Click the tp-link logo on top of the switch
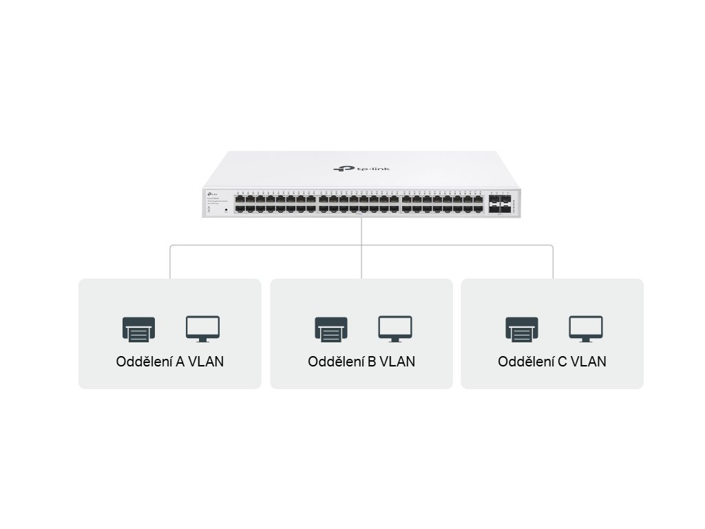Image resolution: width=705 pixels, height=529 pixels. (352, 168)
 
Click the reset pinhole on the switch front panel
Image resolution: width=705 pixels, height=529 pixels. (227, 209)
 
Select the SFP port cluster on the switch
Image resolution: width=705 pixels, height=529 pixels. (501, 203)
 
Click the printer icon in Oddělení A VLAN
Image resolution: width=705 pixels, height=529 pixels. (138, 329)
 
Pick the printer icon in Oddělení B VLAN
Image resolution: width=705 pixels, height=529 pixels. (331, 329)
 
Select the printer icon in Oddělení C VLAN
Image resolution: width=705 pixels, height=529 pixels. (522, 329)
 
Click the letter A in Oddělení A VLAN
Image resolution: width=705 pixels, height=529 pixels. (180, 362)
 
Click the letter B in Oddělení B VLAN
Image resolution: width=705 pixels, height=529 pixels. (372, 362)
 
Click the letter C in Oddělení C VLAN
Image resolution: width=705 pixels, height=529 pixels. (562, 362)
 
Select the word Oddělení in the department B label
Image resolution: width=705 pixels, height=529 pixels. (336, 362)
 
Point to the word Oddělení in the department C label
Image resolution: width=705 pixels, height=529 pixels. (526, 362)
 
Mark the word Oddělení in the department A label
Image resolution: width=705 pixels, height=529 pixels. (144, 362)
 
